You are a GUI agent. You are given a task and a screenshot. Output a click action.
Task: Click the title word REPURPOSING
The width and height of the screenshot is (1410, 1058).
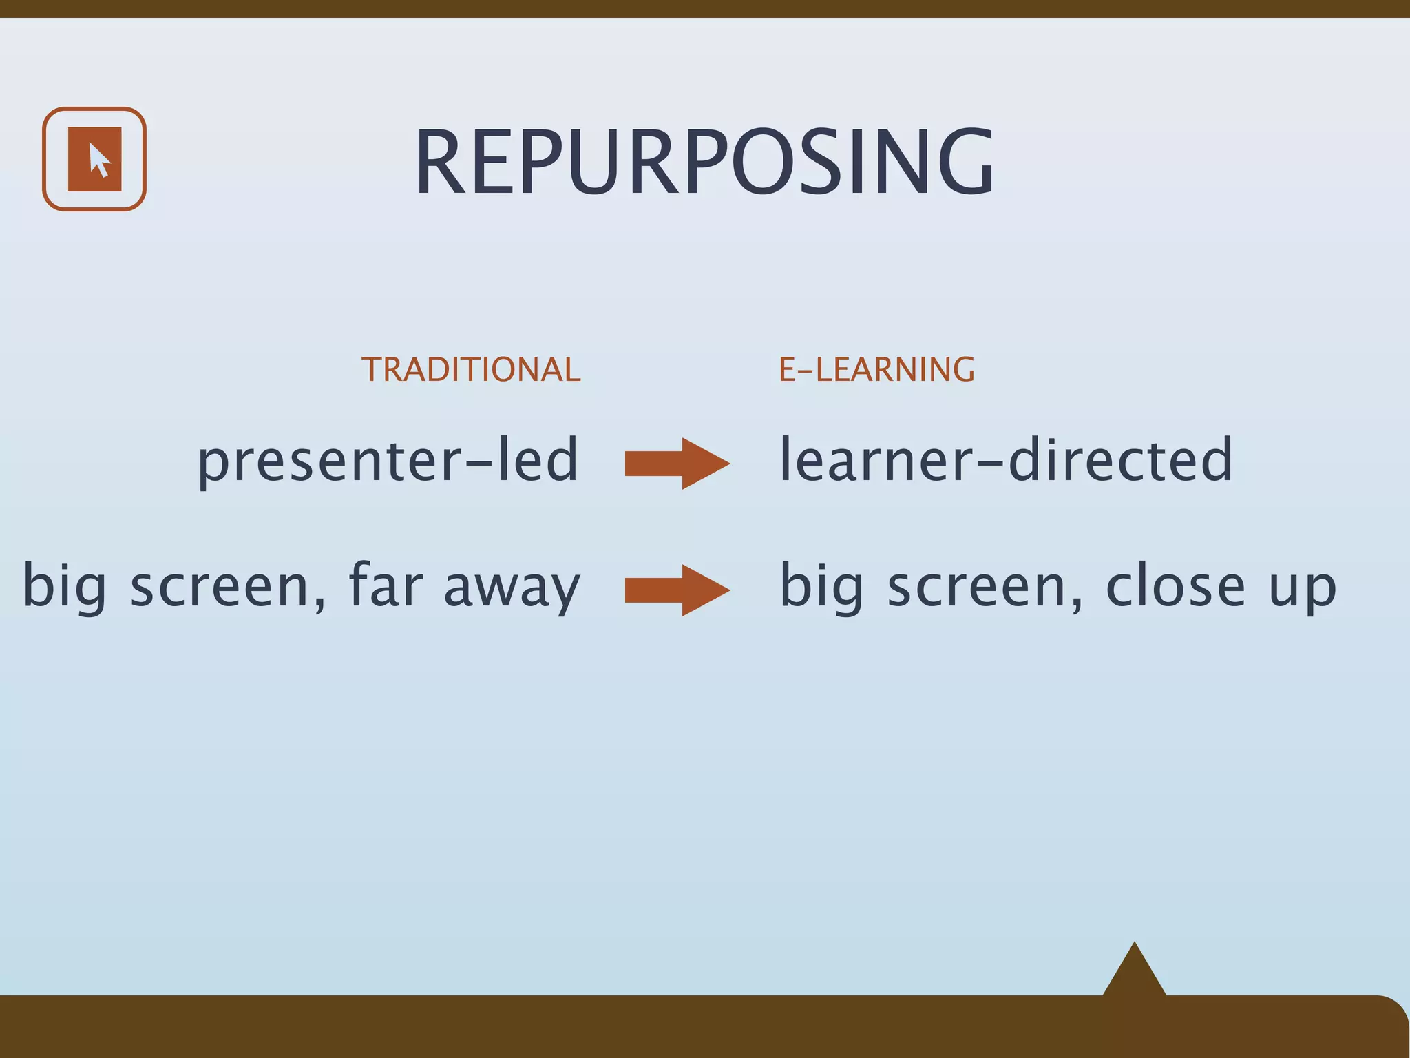point(704,163)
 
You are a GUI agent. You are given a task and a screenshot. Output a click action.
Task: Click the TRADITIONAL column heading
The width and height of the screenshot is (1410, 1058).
point(471,370)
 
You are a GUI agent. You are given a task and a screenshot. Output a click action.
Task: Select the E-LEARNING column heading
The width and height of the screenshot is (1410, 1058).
point(876,370)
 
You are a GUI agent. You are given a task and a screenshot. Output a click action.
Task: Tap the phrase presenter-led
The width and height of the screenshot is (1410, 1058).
point(388,460)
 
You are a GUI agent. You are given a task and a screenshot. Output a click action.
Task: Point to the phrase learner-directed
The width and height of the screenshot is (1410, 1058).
point(1005,460)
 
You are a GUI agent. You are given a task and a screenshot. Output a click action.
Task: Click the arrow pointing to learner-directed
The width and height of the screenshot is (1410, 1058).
point(676,464)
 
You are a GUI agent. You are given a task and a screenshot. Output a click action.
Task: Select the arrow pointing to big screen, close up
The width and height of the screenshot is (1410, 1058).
point(676,590)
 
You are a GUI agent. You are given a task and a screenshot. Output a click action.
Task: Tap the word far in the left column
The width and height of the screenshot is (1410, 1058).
point(386,585)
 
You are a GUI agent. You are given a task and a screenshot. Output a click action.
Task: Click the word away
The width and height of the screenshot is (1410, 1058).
point(512,589)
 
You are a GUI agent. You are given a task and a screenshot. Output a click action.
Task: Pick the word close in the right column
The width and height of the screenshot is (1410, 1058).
point(1175,585)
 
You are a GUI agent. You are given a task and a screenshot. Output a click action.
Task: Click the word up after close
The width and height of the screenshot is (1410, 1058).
point(1302,591)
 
